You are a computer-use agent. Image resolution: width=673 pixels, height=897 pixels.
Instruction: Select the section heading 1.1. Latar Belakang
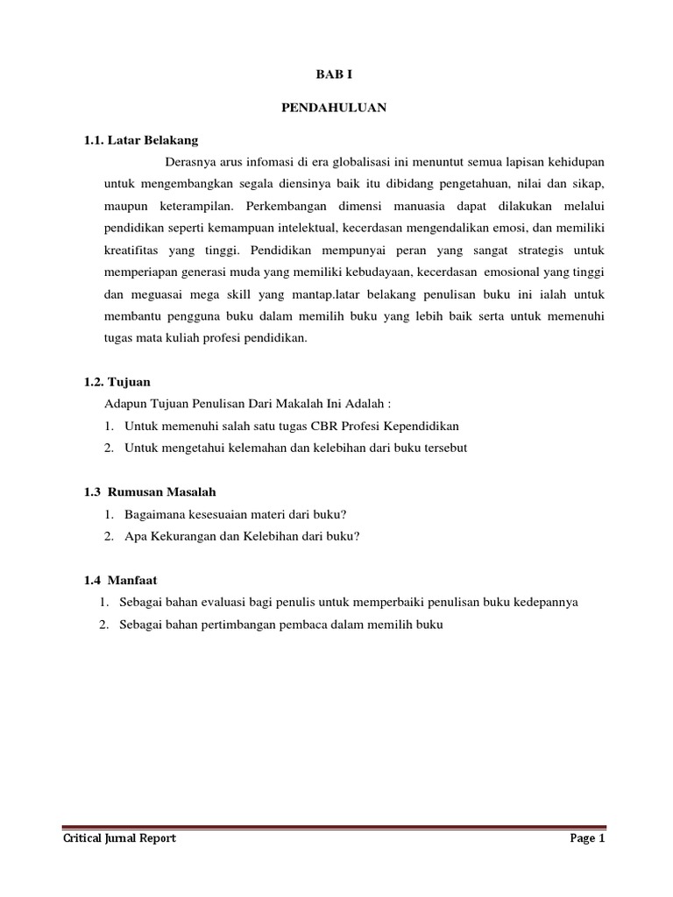click(141, 140)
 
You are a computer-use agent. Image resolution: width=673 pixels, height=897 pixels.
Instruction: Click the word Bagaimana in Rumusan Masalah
click(155, 514)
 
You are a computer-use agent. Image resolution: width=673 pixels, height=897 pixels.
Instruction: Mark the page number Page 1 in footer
click(587, 838)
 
